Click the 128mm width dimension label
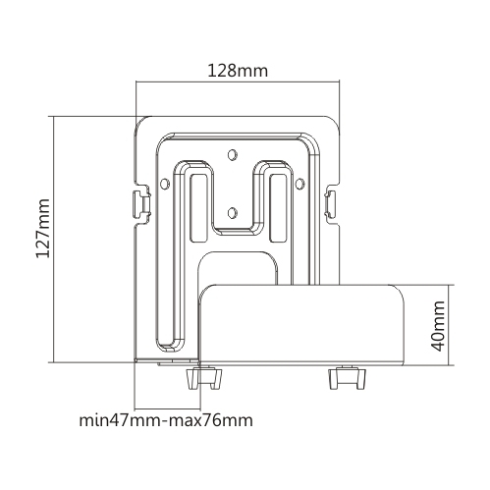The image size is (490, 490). pos(238,71)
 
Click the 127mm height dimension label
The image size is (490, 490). pos(43,228)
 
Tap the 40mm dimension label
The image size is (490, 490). pos(438,326)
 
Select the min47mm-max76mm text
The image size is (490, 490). pos(166,420)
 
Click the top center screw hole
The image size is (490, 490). pos(233,154)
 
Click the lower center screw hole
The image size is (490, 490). pos(233,213)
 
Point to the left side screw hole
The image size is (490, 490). pos(165,184)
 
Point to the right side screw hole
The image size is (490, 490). pos(299,184)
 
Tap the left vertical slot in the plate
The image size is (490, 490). pos(198,208)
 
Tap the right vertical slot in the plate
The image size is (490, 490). pos(279,208)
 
